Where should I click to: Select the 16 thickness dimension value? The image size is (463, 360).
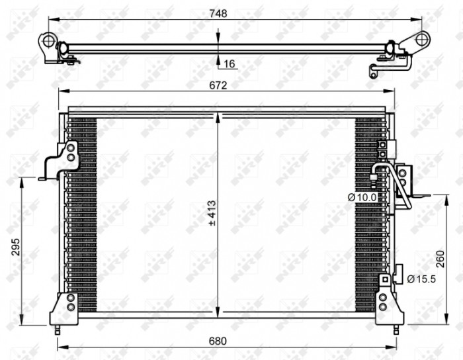[230, 64]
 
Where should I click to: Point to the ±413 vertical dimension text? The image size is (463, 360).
[212, 214]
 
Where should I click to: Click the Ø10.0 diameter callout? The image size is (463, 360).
[361, 197]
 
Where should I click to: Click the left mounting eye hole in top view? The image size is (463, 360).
[48, 41]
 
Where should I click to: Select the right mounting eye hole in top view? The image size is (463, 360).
[420, 39]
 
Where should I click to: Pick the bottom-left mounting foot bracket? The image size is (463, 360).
[67, 308]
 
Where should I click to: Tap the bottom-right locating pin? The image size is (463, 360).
[395, 328]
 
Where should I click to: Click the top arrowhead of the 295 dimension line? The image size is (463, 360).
[24, 181]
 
